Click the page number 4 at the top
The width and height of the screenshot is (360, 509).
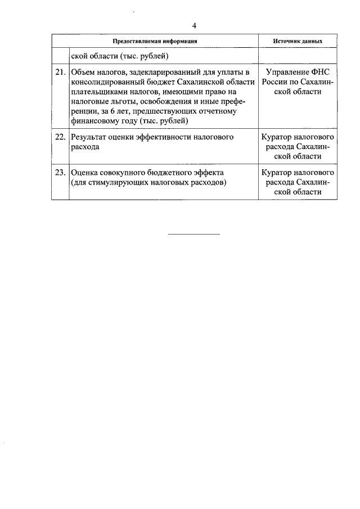pyautogui.click(x=194, y=26)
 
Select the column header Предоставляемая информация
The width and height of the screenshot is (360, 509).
pyautogui.click(x=155, y=42)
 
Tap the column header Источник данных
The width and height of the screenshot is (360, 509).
pyautogui.click(x=298, y=42)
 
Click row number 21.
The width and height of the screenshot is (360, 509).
pyautogui.click(x=60, y=73)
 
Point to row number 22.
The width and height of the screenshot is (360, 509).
pyautogui.click(x=60, y=137)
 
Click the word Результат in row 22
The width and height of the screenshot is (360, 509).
pyautogui.click(x=90, y=137)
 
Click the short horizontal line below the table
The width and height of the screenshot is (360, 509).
pyautogui.click(x=194, y=233)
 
